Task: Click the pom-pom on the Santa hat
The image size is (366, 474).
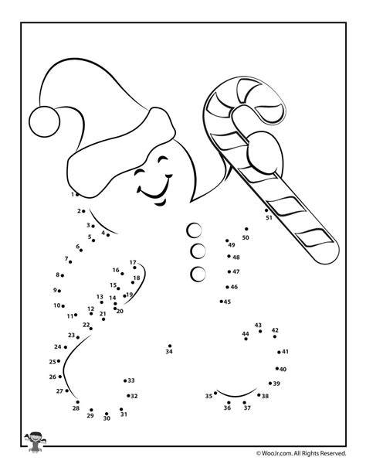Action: coord(44,121)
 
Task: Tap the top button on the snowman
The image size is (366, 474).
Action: coord(194,230)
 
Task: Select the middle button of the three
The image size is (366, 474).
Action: coord(198,251)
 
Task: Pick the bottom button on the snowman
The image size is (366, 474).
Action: coord(198,275)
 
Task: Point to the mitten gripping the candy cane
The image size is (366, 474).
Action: coord(264,152)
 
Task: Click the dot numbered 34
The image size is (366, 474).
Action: coord(170,346)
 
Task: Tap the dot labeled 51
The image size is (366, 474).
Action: coord(266,210)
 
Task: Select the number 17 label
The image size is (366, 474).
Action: coord(133,262)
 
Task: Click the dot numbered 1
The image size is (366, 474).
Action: coord(77,195)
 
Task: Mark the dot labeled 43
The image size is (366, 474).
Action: coord(260,331)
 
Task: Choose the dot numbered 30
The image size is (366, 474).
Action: coord(107,414)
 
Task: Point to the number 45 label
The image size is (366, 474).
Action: coord(227,302)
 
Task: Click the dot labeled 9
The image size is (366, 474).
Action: coord(59,291)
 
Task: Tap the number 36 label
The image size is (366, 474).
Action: coord(227,408)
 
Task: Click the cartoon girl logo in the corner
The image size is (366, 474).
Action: coord(35,442)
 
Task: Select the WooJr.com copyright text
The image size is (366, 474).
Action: coord(301,453)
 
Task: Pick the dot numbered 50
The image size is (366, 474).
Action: coord(246,229)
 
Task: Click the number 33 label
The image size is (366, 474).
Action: coord(131,380)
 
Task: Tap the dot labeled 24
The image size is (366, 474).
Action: coord(66,347)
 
